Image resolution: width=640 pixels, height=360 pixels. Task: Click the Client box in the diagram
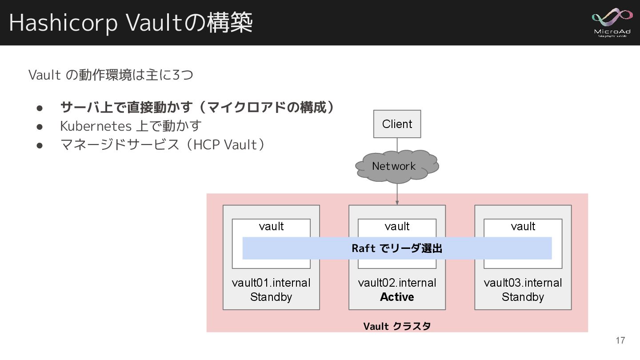tap(397, 124)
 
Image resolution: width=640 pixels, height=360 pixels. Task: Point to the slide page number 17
tap(620, 340)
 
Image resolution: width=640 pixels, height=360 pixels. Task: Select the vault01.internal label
tap(271, 283)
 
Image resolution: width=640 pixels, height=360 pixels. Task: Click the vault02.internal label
tap(397, 283)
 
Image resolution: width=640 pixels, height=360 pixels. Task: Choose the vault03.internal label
tap(523, 283)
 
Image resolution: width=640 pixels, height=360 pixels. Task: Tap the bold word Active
tap(397, 297)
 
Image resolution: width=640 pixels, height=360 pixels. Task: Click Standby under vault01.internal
tap(271, 297)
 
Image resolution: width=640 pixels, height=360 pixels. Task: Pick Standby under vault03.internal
tap(523, 297)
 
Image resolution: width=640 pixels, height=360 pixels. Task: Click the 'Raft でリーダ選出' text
tap(397, 248)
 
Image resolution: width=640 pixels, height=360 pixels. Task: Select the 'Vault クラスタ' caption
tap(397, 326)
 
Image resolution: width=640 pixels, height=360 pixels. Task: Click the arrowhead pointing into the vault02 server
tap(397, 203)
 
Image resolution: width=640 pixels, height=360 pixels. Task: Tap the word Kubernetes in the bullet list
tap(96, 126)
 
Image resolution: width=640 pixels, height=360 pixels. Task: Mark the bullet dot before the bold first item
tap(39, 108)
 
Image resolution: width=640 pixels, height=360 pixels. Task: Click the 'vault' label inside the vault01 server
tap(271, 227)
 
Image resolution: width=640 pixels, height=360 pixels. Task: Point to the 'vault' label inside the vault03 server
tap(523, 227)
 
